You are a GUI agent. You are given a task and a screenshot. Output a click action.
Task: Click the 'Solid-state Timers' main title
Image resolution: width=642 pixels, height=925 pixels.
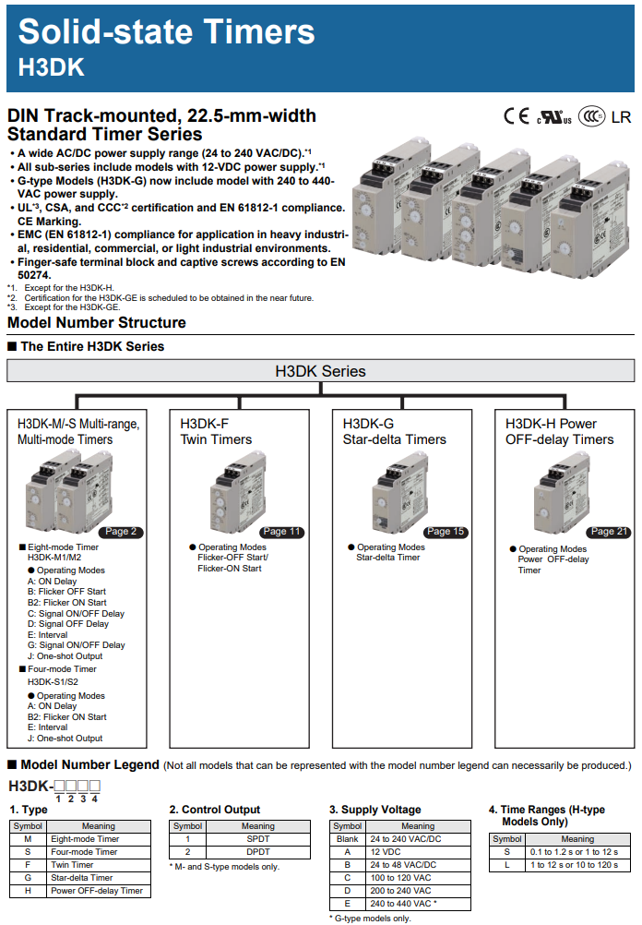tap(166, 32)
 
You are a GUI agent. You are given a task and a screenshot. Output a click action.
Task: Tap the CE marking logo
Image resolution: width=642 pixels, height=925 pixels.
tap(517, 117)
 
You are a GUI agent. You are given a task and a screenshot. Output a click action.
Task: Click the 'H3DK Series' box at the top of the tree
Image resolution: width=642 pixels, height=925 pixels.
tap(320, 371)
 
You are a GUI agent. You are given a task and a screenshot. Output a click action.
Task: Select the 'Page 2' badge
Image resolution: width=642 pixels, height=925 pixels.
tap(121, 531)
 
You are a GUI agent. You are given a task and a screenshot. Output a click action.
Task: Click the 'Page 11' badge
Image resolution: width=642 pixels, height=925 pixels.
tap(281, 531)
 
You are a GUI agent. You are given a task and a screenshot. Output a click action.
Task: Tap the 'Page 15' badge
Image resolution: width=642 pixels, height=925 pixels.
tap(445, 531)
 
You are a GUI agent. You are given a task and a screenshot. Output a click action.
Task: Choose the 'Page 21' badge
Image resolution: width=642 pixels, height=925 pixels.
tap(608, 531)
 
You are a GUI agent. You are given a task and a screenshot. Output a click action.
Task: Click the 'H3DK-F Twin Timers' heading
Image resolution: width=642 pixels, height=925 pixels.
tap(216, 431)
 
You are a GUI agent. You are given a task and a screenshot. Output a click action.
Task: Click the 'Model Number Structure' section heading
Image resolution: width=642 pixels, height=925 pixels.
tap(97, 323)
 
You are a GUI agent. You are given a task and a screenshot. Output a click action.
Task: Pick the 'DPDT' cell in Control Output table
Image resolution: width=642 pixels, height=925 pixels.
tap(257, 852)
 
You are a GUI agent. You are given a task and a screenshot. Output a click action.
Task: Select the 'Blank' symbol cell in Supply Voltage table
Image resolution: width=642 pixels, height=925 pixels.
tap(347, 839)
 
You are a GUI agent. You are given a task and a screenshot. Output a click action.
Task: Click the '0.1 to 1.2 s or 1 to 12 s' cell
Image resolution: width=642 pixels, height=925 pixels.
tap(577, 852)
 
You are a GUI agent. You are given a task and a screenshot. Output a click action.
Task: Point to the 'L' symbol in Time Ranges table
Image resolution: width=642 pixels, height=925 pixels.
tap(506, 865)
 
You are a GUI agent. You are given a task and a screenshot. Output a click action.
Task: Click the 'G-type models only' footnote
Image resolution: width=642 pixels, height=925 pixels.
tap(370, 919)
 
